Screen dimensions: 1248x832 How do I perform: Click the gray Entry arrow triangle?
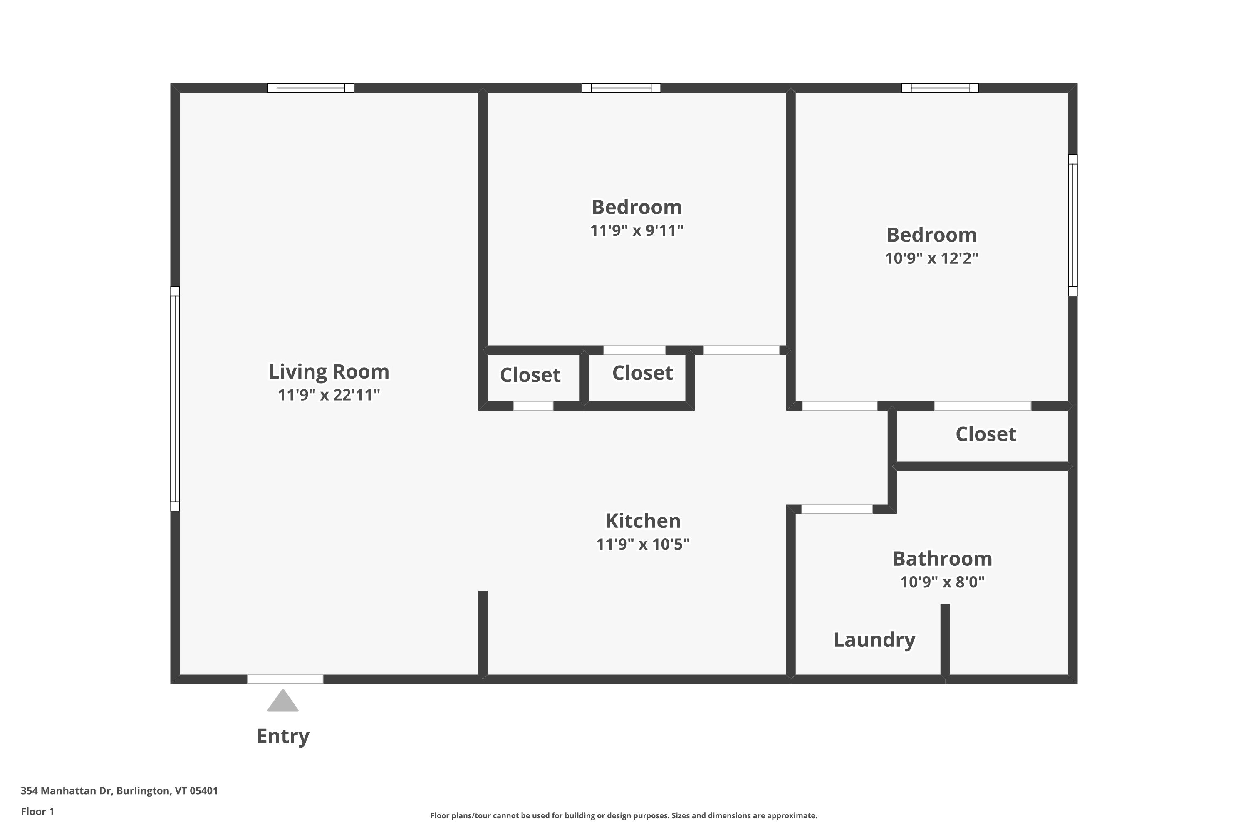283,701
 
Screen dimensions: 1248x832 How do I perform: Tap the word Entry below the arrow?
283,736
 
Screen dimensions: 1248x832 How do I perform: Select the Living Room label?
329,371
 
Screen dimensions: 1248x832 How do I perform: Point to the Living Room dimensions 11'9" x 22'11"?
329,395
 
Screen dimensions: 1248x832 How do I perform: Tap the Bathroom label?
942,559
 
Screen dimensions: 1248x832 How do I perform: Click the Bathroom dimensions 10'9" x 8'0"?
942,582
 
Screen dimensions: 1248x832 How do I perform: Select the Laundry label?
874,640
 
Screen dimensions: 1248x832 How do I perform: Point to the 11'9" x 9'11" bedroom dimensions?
637,230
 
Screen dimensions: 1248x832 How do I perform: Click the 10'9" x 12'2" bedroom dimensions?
932,258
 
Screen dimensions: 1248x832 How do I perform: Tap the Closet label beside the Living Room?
530,375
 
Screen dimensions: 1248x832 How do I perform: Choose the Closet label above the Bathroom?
986,434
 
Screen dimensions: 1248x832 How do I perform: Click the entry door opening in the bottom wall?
285,679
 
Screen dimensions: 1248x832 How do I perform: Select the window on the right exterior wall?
1072,225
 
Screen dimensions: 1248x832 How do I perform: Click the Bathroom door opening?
837,509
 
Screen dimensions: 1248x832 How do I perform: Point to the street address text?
119,791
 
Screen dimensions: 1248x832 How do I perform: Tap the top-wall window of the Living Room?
311,88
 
